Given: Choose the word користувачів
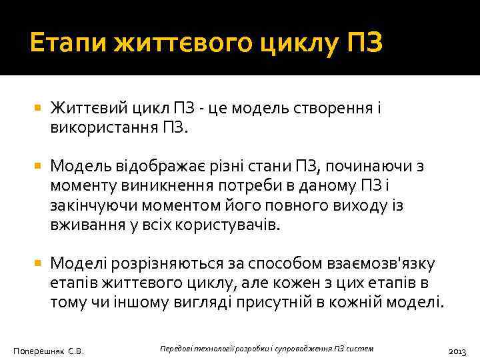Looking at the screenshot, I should pyautogui.click(x=227, y=223).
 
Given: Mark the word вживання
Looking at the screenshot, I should pyautogui.click(x=85, y=223).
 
